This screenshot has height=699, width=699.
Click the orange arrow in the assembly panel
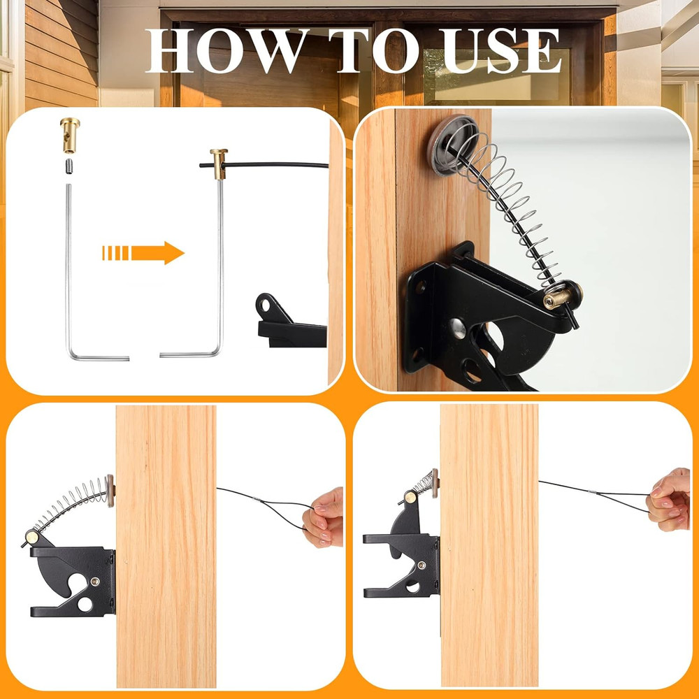coord(143,252)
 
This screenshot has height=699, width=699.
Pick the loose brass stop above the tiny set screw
coord(70,134)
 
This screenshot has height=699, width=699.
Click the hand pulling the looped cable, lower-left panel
coord(325,518)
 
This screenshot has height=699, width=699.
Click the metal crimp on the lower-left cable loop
coord(258,498)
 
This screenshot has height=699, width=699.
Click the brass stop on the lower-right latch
coord(410,498)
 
